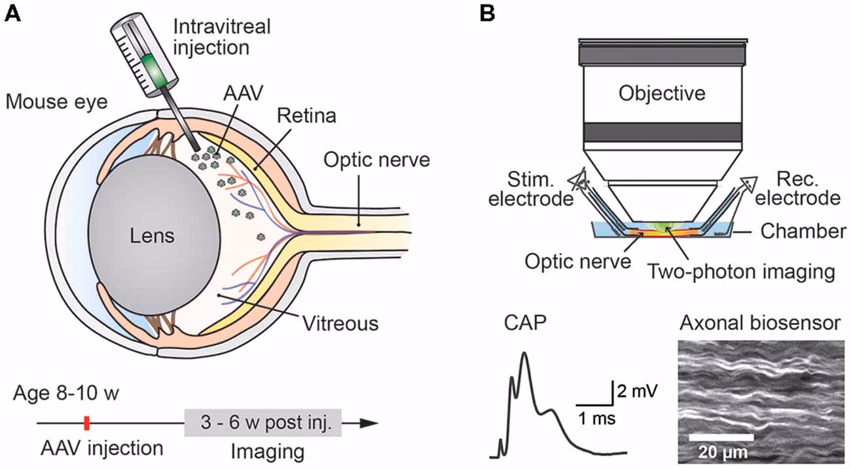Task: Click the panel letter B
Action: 488,14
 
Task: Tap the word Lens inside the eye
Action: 152,235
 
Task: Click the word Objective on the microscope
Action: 662,93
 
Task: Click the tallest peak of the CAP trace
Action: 524,354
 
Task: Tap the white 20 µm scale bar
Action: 721,436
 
